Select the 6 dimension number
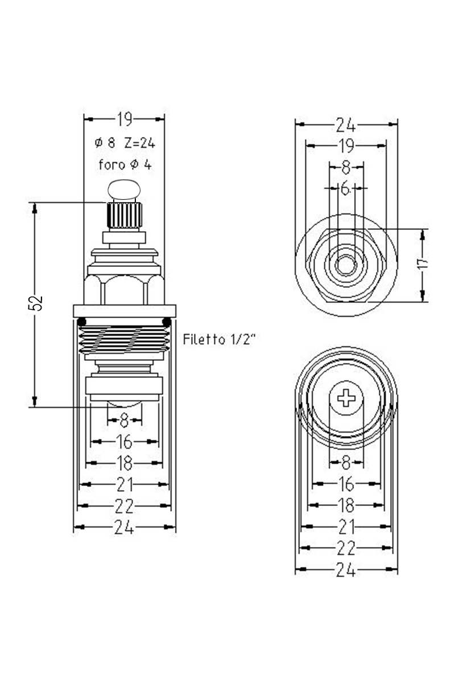pyautogui.click(x=346, y=188)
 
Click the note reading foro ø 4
pyautogui.click(x=125, y=165)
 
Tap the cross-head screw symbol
pyautogui.click(x=346, y=397)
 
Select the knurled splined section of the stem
pyautogui.click(x=124, y=215)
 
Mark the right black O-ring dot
pyautogui.click(x=167, y=323)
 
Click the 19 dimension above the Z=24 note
pyautogui.click(x=124, y=119)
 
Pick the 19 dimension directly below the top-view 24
pyautogui.click(x=346, y=146)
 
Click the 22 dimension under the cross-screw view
pyautogui.click(x=346, y=548)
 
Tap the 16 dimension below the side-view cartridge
pyautogui.click(x=124, y=442)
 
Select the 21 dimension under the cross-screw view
pyautogui.click(x=346, y=526)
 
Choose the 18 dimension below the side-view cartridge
pyautogui.click(x=124, y=463)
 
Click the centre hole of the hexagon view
pyautogui.click(x=345, y=265)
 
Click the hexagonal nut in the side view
pyautogui.click(x=124, y=289)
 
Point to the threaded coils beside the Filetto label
pyautogui.click(x=124, y=340)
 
